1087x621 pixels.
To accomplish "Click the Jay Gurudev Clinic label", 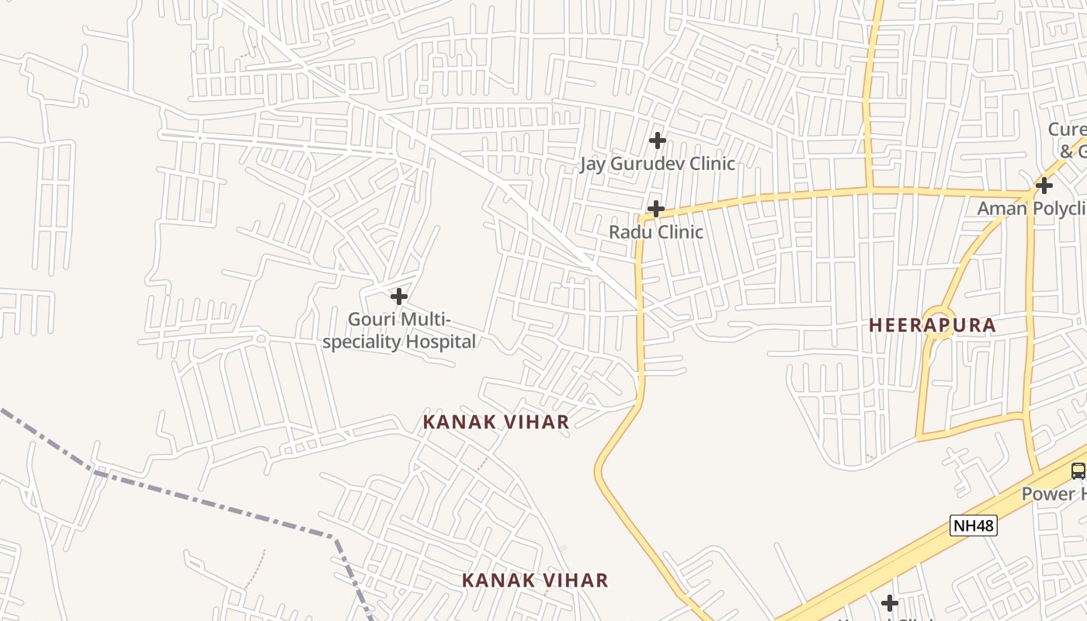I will (x=658, y=164).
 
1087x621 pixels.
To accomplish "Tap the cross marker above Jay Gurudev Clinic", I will (x=658, y=141).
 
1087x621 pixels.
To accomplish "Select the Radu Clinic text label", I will (x=656, y=232).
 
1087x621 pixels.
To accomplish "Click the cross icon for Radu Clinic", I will (x=656, y=209).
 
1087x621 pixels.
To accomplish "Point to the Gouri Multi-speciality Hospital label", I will (x=399, y=331).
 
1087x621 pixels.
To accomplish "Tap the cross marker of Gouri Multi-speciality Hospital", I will (x=399, y=297).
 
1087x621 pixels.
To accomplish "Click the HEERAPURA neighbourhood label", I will (x=932, y=325).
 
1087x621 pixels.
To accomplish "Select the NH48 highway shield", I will (x=973, y=526).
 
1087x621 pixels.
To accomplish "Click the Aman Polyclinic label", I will (x=1031, y=208).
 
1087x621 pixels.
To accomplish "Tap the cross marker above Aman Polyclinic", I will (x=1044, y=186).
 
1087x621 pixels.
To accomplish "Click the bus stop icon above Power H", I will (x=1078, y=470).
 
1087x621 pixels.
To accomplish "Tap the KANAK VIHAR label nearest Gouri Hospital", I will (x=496, y=422).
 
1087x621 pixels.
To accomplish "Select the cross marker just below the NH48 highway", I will (x=890, y=603).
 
